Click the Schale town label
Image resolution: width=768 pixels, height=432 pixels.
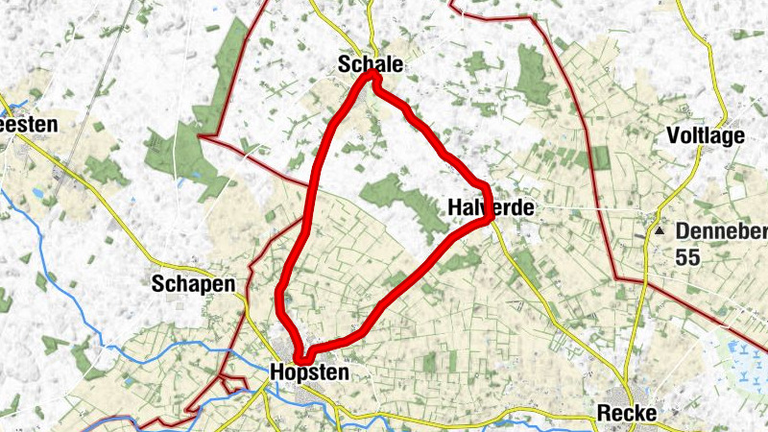click(x=370, y=64)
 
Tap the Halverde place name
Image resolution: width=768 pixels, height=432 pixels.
click(x=491, y=206)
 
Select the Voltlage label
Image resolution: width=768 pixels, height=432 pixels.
click(x=706, y=136)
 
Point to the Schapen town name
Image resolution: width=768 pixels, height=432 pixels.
click(x=193, y=284)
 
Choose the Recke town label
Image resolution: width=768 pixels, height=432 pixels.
click(x=627, y=413)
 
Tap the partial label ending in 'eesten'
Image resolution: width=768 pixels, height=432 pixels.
click(x=29, y=124)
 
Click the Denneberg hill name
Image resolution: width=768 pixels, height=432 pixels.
click(x=721, y=231)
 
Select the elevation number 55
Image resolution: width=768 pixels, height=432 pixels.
click(x=688, y=258)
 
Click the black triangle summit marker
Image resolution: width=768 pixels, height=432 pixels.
click(x=660, y=231)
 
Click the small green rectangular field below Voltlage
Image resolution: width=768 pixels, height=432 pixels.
click(x=601, y=157)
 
